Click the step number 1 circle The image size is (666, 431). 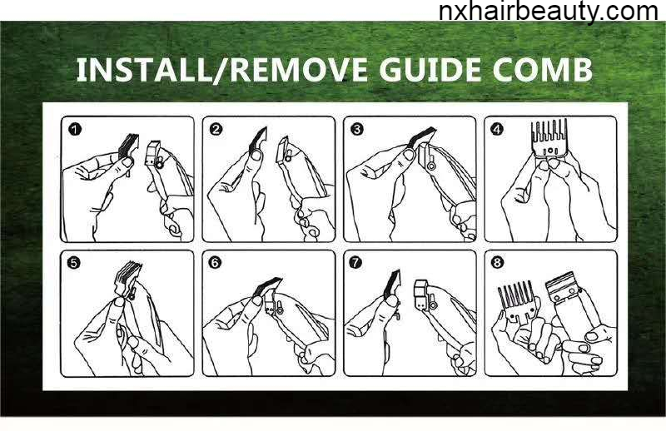[x=75, y=129]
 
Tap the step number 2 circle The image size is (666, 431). [x=216, y=129]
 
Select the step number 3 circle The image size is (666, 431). [x=357, y=129]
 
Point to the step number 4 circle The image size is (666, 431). [x=496, y=129]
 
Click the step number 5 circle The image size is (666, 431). [x=74, y=263]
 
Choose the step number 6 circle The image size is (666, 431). [x=215, y=263]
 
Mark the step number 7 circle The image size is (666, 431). [x=355, y=263]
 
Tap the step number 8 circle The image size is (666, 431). [x=496, y=263]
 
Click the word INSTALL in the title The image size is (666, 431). [x=143, y=70]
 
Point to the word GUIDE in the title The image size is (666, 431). [x=430, y=70]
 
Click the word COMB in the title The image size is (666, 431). [x=542, y=70]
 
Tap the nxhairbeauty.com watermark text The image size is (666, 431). [x=549, y=11]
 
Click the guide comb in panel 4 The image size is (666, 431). [x=549, y=139]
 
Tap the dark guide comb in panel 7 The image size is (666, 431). [x=392, y=285]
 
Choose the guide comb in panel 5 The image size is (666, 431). [x=127, y=278]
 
